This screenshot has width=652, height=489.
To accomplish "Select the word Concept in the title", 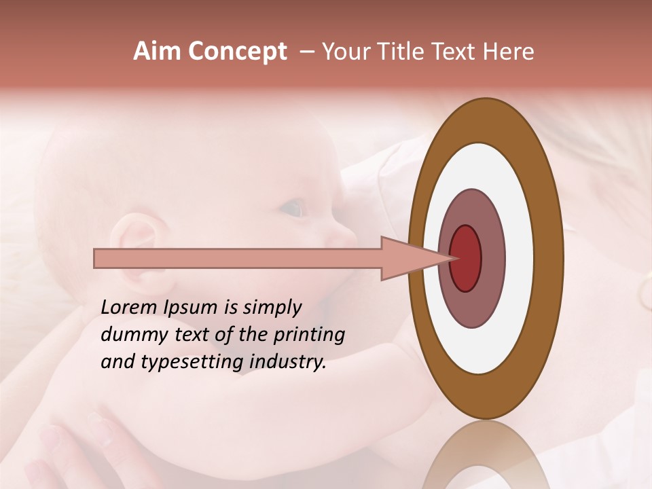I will click(x=237, y=52).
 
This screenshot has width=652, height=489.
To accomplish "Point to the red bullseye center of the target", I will click(x=465, y=258).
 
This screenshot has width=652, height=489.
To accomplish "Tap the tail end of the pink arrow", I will click(x=96, y=258).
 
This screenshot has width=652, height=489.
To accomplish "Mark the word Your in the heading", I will click(x=347, y=52).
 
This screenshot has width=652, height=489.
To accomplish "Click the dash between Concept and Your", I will click(x=307, y=52).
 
